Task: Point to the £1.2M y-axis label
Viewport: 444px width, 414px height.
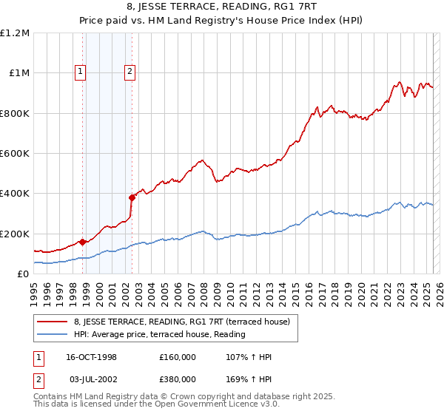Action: (x=16, y=33)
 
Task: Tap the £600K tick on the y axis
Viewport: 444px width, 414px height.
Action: (x=15, y=154)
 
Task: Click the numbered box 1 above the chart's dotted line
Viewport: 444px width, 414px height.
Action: (x=80, y=72)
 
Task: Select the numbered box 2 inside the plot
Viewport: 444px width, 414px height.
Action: (x=129, y=72)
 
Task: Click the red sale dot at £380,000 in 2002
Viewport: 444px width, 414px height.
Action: (x=132, y=197)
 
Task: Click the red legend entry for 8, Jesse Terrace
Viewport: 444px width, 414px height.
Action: (x=186, y=322)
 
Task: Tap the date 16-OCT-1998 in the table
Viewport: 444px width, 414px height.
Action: (x=86, y=357)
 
